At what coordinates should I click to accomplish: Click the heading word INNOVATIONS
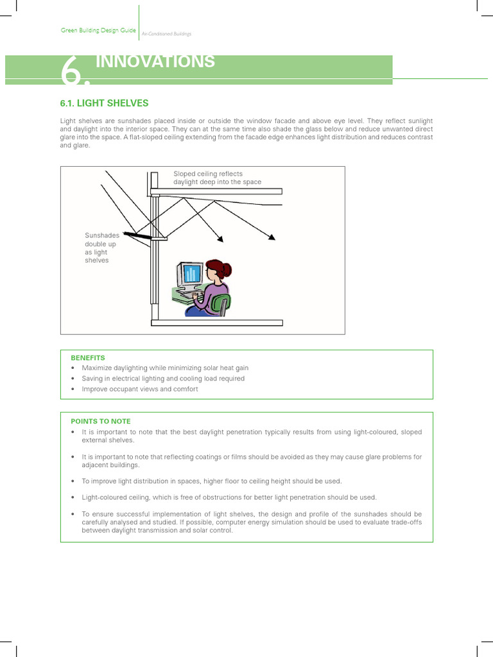(x=155, y=62)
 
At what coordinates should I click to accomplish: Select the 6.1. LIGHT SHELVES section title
(x=104, y=103)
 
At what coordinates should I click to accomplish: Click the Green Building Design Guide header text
(x=98, y=30)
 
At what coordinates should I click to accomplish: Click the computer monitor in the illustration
(x=190, y=275)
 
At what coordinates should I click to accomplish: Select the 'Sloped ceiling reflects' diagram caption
(x=208, y=173)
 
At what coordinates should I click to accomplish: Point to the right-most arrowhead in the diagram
(x=272, y=237)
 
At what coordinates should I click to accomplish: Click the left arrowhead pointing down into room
(x=221, y=239)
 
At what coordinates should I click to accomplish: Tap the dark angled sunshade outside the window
(x=137, y=235)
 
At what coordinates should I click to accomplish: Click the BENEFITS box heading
(x=88, y=357)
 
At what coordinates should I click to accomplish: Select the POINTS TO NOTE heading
(x=100, y=422)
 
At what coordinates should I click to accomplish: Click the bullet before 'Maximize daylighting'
(x=73, y=368)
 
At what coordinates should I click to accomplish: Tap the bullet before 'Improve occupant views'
(x=73, y=389)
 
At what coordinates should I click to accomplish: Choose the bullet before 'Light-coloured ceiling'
(x=73, y=497)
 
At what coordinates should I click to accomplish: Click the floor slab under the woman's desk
(x=217, y=323)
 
